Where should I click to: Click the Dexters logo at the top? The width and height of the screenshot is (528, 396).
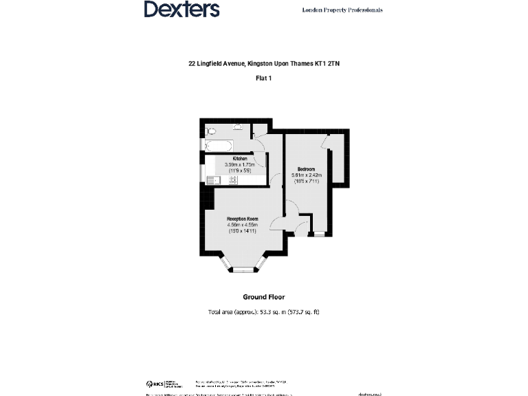click(x=181, y=9)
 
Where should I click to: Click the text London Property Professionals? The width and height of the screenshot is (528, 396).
click(x=342, y=10)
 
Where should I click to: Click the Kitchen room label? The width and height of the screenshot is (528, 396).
click(x=240, y=158)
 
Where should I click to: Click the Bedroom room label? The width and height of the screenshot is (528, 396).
click(x=307, y=169)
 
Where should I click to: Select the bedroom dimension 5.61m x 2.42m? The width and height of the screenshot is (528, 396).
click(x=307, y=175)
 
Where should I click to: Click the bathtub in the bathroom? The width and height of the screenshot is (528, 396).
click(x=219, y=145)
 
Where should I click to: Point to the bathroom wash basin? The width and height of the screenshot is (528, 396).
click(x=237, y=126)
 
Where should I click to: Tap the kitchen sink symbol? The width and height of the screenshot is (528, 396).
click(x=212, y=181)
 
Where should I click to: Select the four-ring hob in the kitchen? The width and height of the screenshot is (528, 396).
click(x=232, y=180)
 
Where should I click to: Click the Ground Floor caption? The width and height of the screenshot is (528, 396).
click(x=263, y=297)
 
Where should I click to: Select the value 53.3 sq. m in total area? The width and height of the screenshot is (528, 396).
click(x=270, y=312)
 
